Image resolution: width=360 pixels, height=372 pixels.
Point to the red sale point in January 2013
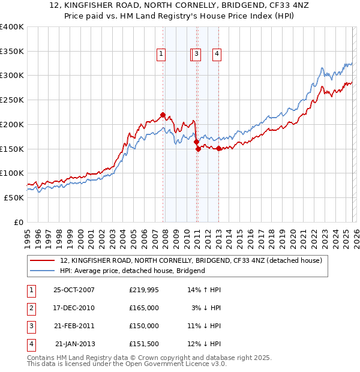pos(218,148)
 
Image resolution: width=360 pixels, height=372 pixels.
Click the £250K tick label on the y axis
pos(12,100)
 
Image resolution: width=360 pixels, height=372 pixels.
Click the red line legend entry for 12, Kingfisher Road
pos(191,260)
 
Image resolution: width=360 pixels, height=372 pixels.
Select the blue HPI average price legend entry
pos(133,271)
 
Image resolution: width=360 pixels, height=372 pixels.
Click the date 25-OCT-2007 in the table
pos(74,290)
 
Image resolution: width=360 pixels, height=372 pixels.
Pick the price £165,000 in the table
pos(144,308)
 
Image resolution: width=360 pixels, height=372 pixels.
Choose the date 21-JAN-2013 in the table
pos(74,344)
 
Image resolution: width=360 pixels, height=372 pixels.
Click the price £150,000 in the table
pos(144,326)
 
